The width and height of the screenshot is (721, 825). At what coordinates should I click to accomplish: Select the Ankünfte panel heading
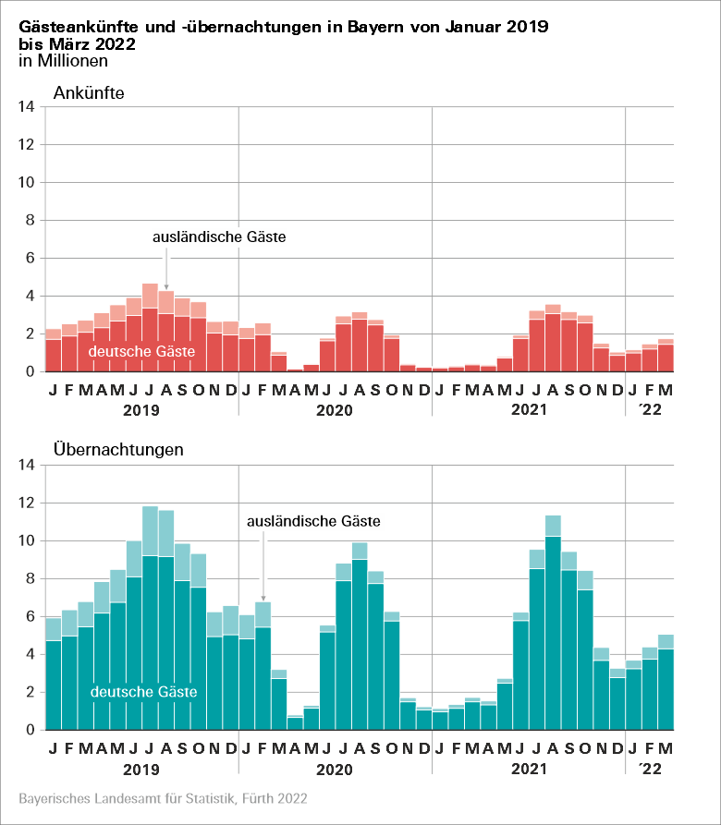pyautogui.click(x=89, y=92)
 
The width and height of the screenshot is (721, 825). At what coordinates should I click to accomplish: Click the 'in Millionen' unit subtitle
pyautogui.click(x=63, y=61)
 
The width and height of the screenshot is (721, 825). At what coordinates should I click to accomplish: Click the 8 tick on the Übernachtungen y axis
pyautogui.click(x=28, y=579)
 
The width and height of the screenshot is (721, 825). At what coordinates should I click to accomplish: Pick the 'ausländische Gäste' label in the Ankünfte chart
pyautogui.click(x=219, y=237)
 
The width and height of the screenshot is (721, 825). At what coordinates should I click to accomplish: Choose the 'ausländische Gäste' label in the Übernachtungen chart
pyautogui.click(x=314, y=521)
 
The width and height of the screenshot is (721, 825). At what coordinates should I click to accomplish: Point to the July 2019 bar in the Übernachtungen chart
pyautogui.click(x=150, y=628)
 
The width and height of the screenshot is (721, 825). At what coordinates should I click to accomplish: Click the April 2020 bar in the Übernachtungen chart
pyautogui.click(x=295, y=722)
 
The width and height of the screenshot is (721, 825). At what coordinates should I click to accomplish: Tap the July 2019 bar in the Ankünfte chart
pyautogui.click(x=150, y=333)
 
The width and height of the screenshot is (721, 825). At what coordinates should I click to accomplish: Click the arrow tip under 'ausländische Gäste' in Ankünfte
pyautogui.click(x=166, y=288)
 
